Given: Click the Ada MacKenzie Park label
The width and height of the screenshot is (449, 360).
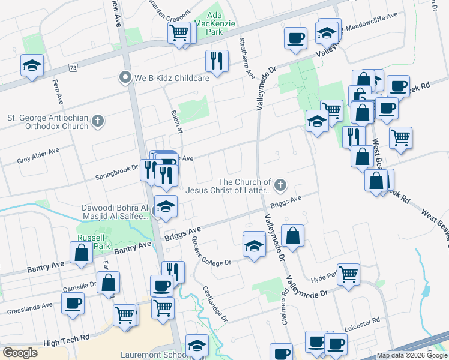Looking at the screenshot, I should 221,21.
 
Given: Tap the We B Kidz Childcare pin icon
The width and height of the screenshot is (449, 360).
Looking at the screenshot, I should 125,78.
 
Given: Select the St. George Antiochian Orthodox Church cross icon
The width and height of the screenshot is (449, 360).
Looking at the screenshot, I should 98,122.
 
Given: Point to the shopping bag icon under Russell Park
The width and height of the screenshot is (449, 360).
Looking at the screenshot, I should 82,253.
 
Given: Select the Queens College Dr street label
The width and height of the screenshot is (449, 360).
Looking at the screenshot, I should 211,252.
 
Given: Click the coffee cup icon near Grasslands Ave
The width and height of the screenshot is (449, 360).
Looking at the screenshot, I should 73,304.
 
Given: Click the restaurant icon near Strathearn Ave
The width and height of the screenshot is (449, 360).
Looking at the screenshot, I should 216,61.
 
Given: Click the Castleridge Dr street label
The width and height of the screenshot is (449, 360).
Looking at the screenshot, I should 215,304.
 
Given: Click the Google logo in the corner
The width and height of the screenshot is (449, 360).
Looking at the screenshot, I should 20,353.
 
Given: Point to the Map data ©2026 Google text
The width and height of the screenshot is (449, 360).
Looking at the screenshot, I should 412,355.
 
